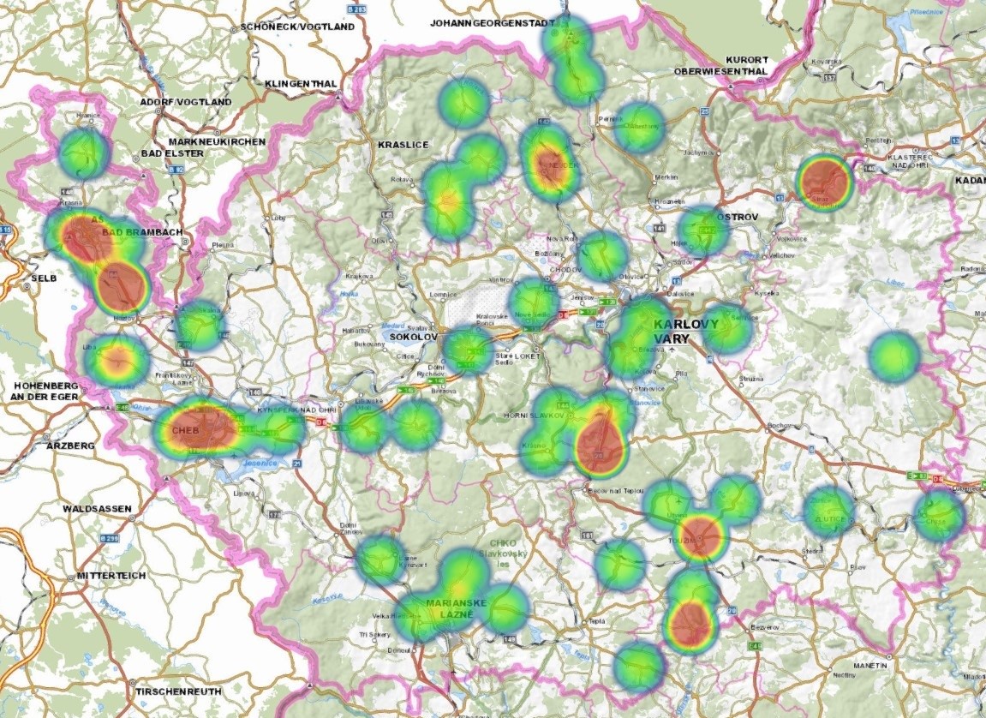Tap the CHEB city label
click(186, 430)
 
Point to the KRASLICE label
click(403, 145)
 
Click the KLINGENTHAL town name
click(301, 83)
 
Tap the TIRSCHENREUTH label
click(178, 691)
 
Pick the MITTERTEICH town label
click(111, 575)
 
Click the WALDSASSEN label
click(97, 509)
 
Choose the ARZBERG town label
click(64, 446)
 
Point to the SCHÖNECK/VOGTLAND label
click(297, 27)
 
